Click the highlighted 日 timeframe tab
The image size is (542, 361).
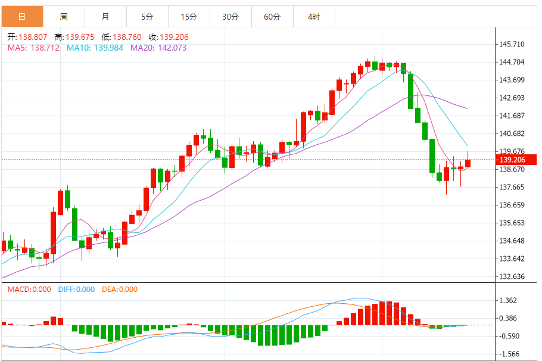(x=22, y=17)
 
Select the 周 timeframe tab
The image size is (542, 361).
(x=64, y=17)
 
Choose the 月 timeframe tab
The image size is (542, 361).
(x=105, y=17)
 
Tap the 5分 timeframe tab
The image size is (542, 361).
(x=147, y=17)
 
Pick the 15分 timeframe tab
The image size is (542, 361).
(x=189, y=17)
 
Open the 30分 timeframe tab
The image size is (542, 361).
(x=230, y=17)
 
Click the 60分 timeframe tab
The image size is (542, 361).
(x=272, y=17)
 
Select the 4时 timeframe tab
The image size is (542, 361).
(x=314, y=17)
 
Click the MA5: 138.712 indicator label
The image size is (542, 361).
(x=33, y=48)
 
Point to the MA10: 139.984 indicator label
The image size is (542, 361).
(x=95, y=48)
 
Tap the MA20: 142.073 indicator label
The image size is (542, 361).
(x=158, y=48)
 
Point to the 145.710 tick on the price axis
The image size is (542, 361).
(x=513, y=44)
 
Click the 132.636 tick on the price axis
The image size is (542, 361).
(x=513, y=276)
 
